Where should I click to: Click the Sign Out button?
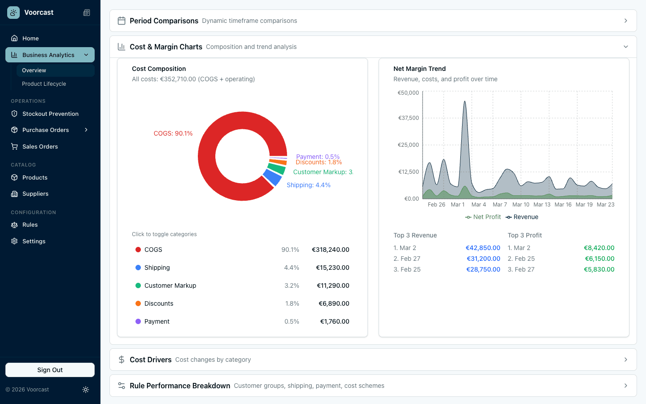pyautogui.click(x=50, y=370)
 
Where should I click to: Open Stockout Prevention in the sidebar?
pyautogui.click(x=50, y=114)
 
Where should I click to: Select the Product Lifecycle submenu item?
pyautogui.click(x=44, y=84)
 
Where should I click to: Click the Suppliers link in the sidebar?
pyautogui.click(x=35, y=194)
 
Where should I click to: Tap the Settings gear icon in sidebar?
pyautogui.click(x=14, y=242)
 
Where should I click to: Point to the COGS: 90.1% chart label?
pyautogui.click(x=173, y=133)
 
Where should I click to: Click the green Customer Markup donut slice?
pyautogui.click(x=276, y=169)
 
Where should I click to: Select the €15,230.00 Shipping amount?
pyautogui.click(x=332, y=268)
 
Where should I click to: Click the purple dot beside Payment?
pyautogui.click(x=138, y=321)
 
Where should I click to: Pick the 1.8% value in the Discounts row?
pyautogui.click(x=292, y=303)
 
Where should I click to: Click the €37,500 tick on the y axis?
pyautogui.click(x=408, y=118)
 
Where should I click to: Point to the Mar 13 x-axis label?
pyautogui.click(x=541, y=205)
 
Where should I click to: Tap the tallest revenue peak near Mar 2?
pyautogui.click(x=465, y=102)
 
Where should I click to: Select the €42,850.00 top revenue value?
pyautogui.click(x=483, y=248)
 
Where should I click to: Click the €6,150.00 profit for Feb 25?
pyautogui.click(x=599, y=259)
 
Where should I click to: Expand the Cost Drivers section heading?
pyautogui.click(x=151, y=360)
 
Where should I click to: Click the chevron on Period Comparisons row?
pyautogui.click(x=625, y=21)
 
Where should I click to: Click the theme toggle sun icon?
pyautogui.click(x=86, y=390)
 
